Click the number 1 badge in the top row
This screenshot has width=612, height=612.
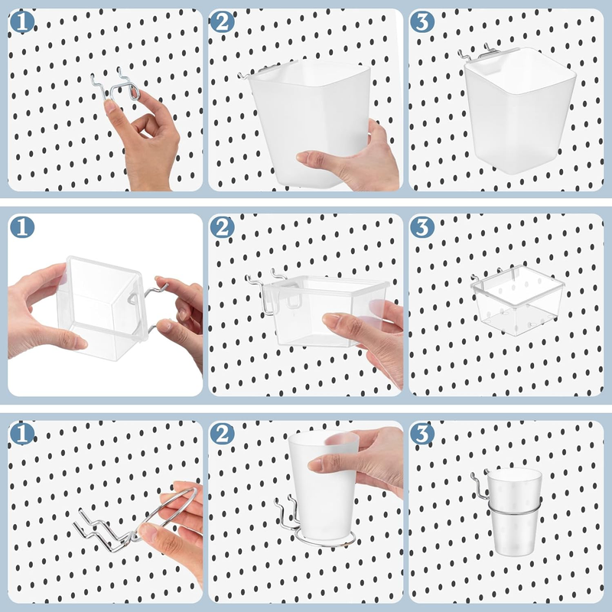pyautogui.click(x=22, y=22)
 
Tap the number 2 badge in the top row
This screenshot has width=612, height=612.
pyautogui.click(x=222, y=22)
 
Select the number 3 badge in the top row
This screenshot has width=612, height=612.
pyautogui.click(x=422, y=22)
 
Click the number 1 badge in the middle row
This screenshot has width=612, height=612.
pyautogui.click(x=22, y=227)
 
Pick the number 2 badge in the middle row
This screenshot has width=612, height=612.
pyautogui.click(x=222, y=227)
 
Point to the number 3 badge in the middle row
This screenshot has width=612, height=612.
pyautogui.click(x=422, y=227)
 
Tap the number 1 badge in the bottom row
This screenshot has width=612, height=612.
pyautogui.click(x=22, y=433)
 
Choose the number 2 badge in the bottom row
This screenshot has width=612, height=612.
pyautogui.click(x=222, y=433)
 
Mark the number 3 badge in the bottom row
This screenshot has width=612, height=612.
pyautogui.click(x=422, y=433)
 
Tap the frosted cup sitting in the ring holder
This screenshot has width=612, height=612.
pyautogui.click(x=515, y=511)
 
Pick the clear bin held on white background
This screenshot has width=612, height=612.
pyautogui.click(x=103, y=308)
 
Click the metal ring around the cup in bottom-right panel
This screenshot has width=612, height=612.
pyautogui.click(x=513, y=506)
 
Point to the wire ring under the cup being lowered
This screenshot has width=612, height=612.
pyautogui.click(x=324, y=542)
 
